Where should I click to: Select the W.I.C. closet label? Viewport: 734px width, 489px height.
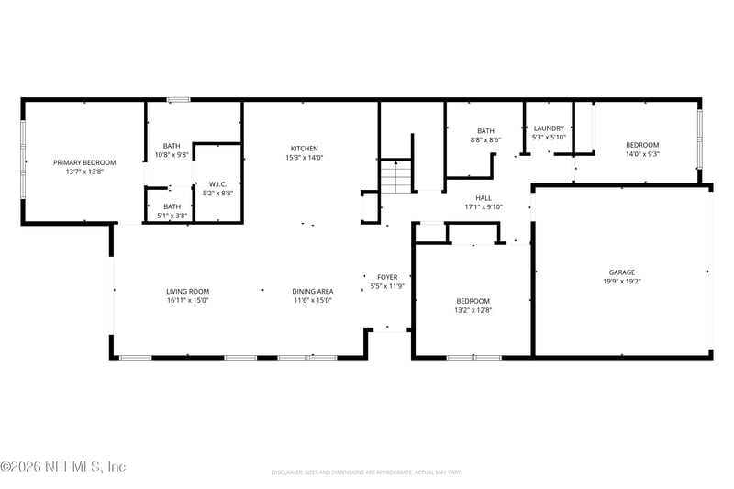pos(217,183)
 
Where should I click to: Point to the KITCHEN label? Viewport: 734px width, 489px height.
pos(305,149)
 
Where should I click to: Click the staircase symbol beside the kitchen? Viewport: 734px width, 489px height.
pos(396,175)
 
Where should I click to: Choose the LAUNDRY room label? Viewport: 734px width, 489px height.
pos(550,128)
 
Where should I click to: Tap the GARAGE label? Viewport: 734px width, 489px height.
pos(622,272)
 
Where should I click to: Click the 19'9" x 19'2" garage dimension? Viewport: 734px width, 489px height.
pos(622,282)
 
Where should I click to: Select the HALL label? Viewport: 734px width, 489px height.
pos(484,197)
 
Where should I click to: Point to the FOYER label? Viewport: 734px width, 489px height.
pos(387,277)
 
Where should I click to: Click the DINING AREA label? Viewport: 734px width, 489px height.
pos(312,291)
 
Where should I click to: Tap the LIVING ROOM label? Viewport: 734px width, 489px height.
pos(188,291)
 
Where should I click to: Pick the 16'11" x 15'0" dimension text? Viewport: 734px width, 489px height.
pos(188,300)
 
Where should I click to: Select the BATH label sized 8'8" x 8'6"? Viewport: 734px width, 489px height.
pos(485,131)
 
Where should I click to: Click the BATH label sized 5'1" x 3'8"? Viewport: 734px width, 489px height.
pos(172,206)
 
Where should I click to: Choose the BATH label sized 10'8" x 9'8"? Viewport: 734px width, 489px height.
pos(172,146)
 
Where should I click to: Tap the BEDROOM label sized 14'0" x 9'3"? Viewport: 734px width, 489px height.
pos(642,145)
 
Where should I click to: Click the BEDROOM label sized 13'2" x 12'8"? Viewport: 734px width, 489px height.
pos(473,301)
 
